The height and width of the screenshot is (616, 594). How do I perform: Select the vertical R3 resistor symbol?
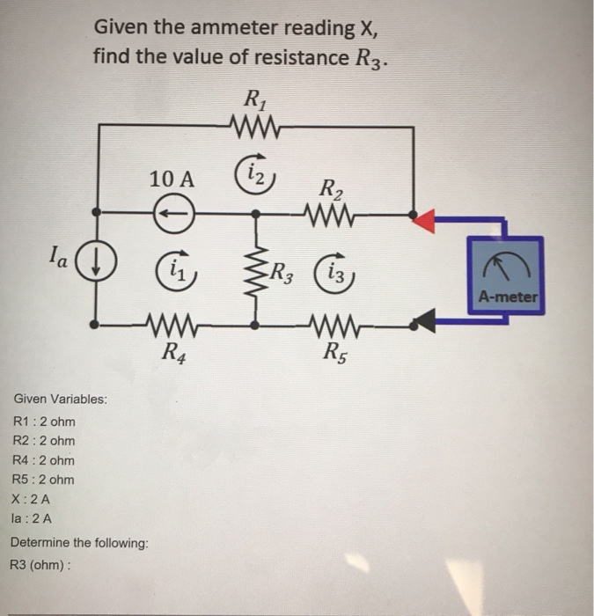(x=255, y=269)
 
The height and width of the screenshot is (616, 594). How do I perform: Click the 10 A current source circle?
(x=172, y=213)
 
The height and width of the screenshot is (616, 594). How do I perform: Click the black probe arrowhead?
(x=425, y=323)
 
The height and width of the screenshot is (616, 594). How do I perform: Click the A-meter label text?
(x=508, y=297)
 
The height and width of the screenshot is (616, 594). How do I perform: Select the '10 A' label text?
(x=172, y=179)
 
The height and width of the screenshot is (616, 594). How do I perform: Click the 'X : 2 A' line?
(x=39, y=499)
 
